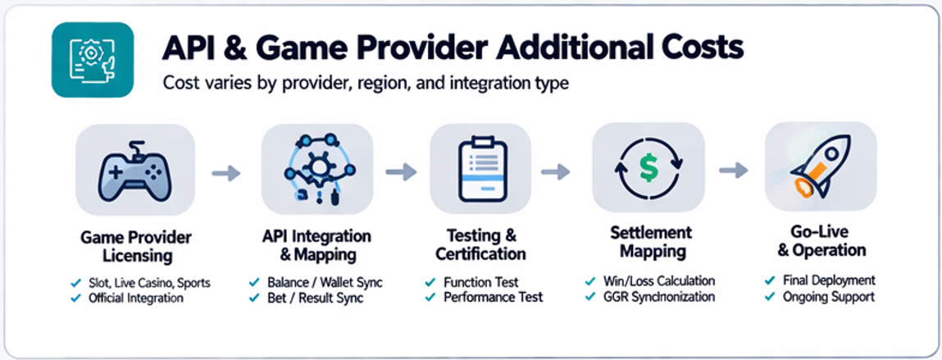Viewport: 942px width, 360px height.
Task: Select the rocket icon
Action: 820,168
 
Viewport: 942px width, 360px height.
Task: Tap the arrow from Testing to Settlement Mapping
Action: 555,171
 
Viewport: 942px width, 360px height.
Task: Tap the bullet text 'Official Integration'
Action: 136,298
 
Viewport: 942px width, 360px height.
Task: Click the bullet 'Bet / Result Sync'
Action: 315,298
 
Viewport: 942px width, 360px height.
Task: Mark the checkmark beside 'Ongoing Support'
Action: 770,297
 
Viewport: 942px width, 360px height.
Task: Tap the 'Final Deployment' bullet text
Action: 829,280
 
